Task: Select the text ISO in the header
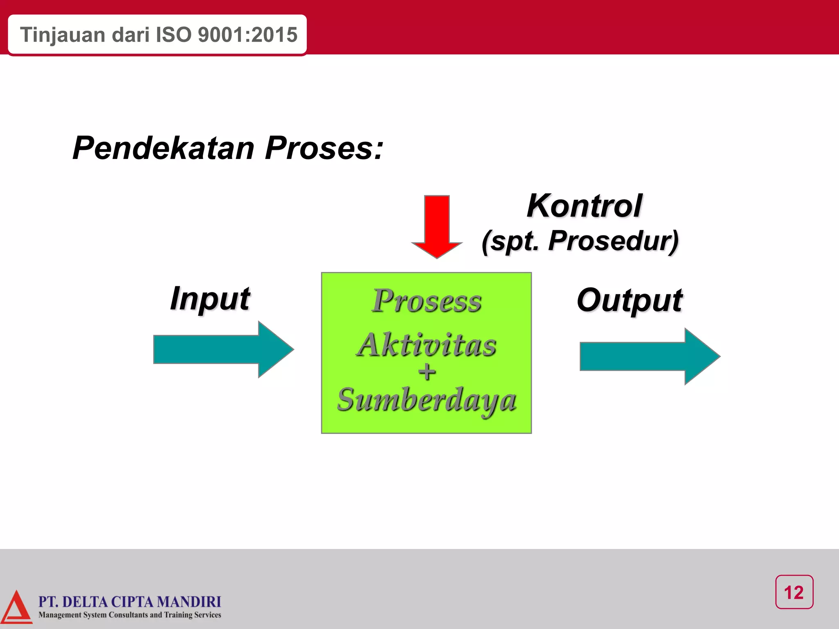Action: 173,35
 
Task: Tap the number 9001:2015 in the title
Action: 247,35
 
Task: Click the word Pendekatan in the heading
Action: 163,148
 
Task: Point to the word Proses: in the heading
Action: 324,148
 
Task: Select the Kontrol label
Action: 584,206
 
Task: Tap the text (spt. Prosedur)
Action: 580,241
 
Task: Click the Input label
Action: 210,299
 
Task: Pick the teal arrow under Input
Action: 223,349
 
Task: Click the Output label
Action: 629,300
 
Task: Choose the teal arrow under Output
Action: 649,356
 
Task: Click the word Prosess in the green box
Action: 426,301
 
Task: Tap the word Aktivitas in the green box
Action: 426,345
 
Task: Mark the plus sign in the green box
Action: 427,372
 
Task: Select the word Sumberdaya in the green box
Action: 426,400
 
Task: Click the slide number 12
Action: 794,593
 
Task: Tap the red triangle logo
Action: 16,609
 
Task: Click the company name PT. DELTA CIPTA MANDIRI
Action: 129,602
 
